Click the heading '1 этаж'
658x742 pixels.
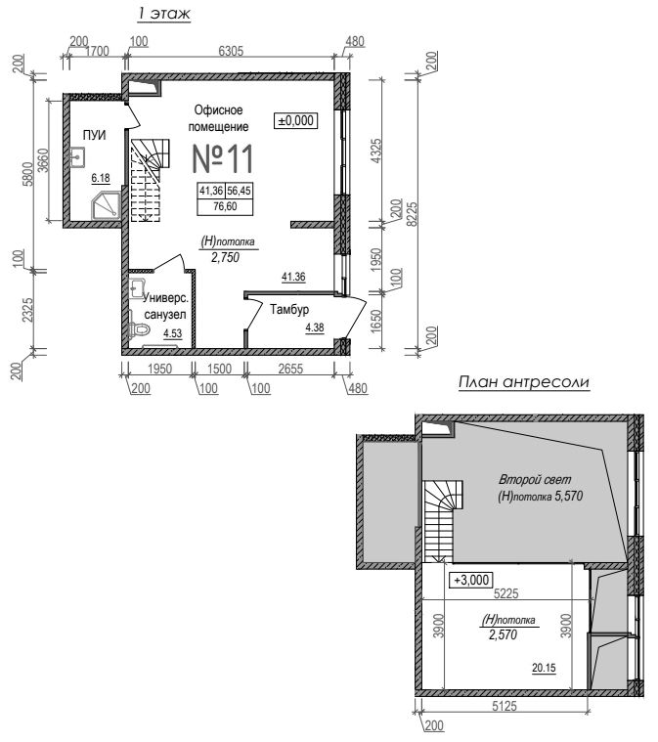click(164, 14)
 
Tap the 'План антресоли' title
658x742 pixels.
click(524, 382)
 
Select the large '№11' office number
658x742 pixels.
click(223, 158)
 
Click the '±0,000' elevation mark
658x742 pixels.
click(296, 120)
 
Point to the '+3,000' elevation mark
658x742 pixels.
click(471, 580)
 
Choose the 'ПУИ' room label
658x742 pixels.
click(94, 135)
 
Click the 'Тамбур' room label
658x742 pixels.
click(289, 310)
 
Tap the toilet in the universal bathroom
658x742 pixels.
click(138, 326)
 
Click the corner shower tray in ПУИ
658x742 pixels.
click(106, 206)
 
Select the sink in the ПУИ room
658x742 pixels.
click(76, 156)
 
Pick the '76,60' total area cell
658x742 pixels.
click(225, 207)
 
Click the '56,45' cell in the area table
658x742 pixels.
click(240, 191)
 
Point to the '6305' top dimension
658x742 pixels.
click(231, 50)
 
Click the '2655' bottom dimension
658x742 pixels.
click(290, 369)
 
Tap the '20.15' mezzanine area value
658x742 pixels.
click(544, 668)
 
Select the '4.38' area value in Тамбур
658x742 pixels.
click(315, 327)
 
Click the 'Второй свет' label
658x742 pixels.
click(535, 479)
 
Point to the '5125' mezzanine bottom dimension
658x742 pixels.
click(504, 707)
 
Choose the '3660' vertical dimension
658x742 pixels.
click(42, 160)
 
